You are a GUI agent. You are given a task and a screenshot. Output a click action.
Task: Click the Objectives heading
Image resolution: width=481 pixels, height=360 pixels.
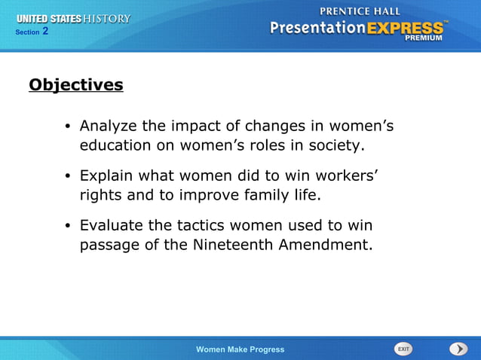click(x=75, y=85)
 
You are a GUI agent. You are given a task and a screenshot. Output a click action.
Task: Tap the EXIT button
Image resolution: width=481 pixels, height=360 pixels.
click(x=403, y=349)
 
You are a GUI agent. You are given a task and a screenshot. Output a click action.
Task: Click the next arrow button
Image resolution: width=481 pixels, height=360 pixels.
click(x=458, y=349)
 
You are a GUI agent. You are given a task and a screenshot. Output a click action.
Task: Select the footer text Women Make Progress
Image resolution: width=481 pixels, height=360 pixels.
click(x=240, y=349)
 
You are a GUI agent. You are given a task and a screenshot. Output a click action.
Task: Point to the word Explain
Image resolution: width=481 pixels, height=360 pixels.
click(x=106, y=175)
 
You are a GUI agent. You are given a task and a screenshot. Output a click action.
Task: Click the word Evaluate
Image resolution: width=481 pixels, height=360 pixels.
click(x=109, y=225)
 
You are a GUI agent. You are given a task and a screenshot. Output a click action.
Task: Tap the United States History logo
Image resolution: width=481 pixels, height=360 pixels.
click(x=73, y=18)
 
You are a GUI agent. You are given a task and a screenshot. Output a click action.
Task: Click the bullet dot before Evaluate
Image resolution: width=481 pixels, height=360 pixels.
click(x=67, y=226)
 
